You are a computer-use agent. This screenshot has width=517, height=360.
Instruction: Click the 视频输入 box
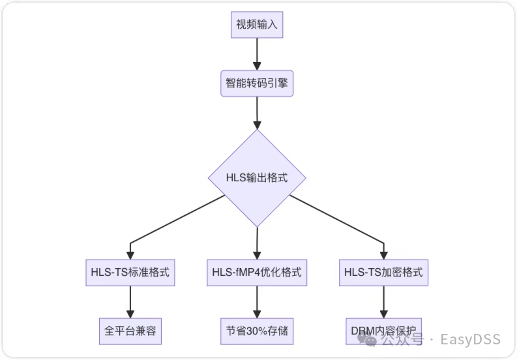[257, 25]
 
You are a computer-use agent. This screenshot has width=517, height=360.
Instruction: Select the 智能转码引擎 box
[257, 83]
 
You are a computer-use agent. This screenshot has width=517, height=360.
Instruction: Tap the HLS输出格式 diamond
[257, 178]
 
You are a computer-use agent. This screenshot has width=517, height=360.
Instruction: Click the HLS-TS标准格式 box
[130, 273]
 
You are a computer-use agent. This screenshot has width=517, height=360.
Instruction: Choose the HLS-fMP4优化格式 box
[257, 273]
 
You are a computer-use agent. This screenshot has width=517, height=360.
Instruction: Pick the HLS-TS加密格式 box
[383, 273]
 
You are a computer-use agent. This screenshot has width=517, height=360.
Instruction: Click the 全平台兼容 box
[130, 331]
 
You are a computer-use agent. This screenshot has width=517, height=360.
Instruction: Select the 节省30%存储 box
[257, 331]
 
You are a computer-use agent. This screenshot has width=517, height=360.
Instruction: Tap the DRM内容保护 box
[383, 331]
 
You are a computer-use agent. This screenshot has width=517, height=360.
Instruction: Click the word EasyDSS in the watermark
[470, 340]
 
